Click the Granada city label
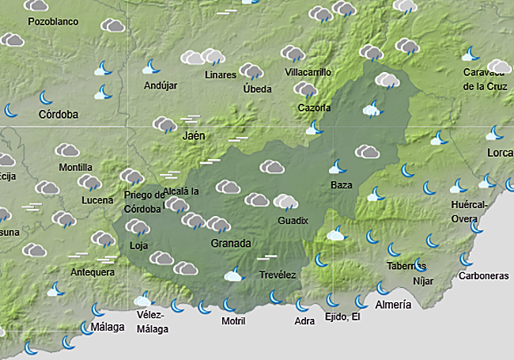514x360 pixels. coord(231,243)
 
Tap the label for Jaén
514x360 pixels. coord(194,136)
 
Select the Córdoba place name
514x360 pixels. coord(59,115)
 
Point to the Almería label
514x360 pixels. coord(393,305)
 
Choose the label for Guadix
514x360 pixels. coord(293,221)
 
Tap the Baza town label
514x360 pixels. coord(341,185)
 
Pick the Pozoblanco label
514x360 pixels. coord(53,21)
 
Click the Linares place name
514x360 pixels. coord(220,75)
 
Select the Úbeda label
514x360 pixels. coord(257,89)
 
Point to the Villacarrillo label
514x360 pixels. coord(308,72)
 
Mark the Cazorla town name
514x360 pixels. coord(314,108)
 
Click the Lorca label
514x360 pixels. coord(500,152)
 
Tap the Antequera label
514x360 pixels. coord(93,272)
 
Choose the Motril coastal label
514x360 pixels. coord(232,320)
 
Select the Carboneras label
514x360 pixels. coord(484,276)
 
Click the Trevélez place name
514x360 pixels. coord(278,275)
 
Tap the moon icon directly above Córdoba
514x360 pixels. coord(47,97)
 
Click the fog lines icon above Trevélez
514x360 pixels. coord(268,258)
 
